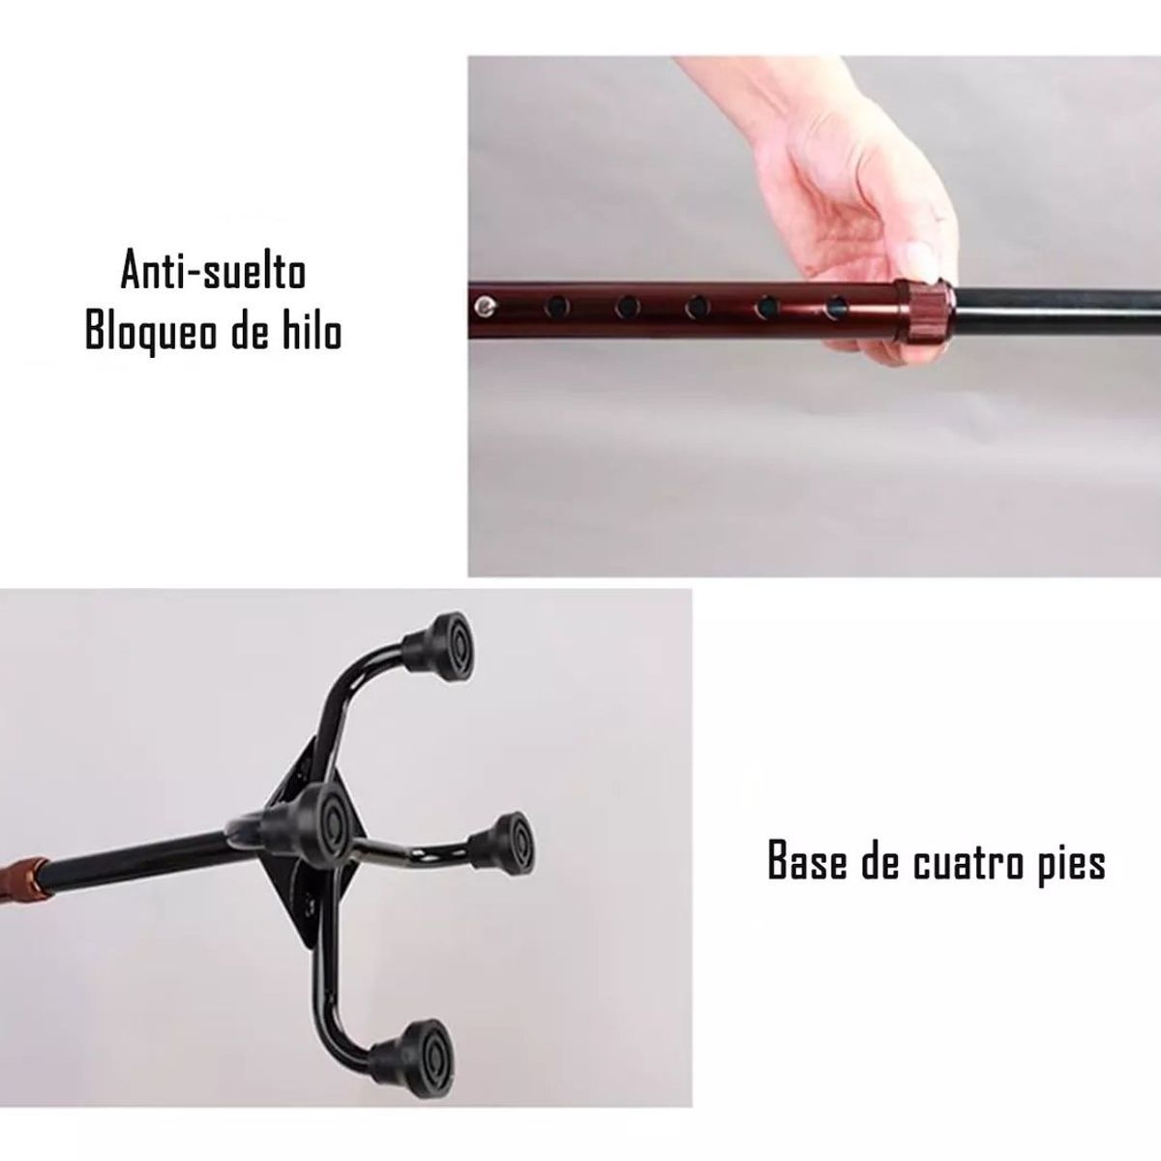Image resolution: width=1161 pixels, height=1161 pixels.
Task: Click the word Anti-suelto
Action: pos(214,272)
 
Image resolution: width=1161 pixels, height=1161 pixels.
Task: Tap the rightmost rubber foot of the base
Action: pos(502,844)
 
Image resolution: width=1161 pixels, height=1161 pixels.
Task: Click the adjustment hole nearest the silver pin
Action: pos(556,308)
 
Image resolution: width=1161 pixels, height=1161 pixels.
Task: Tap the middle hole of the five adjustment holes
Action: pos(697,308)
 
